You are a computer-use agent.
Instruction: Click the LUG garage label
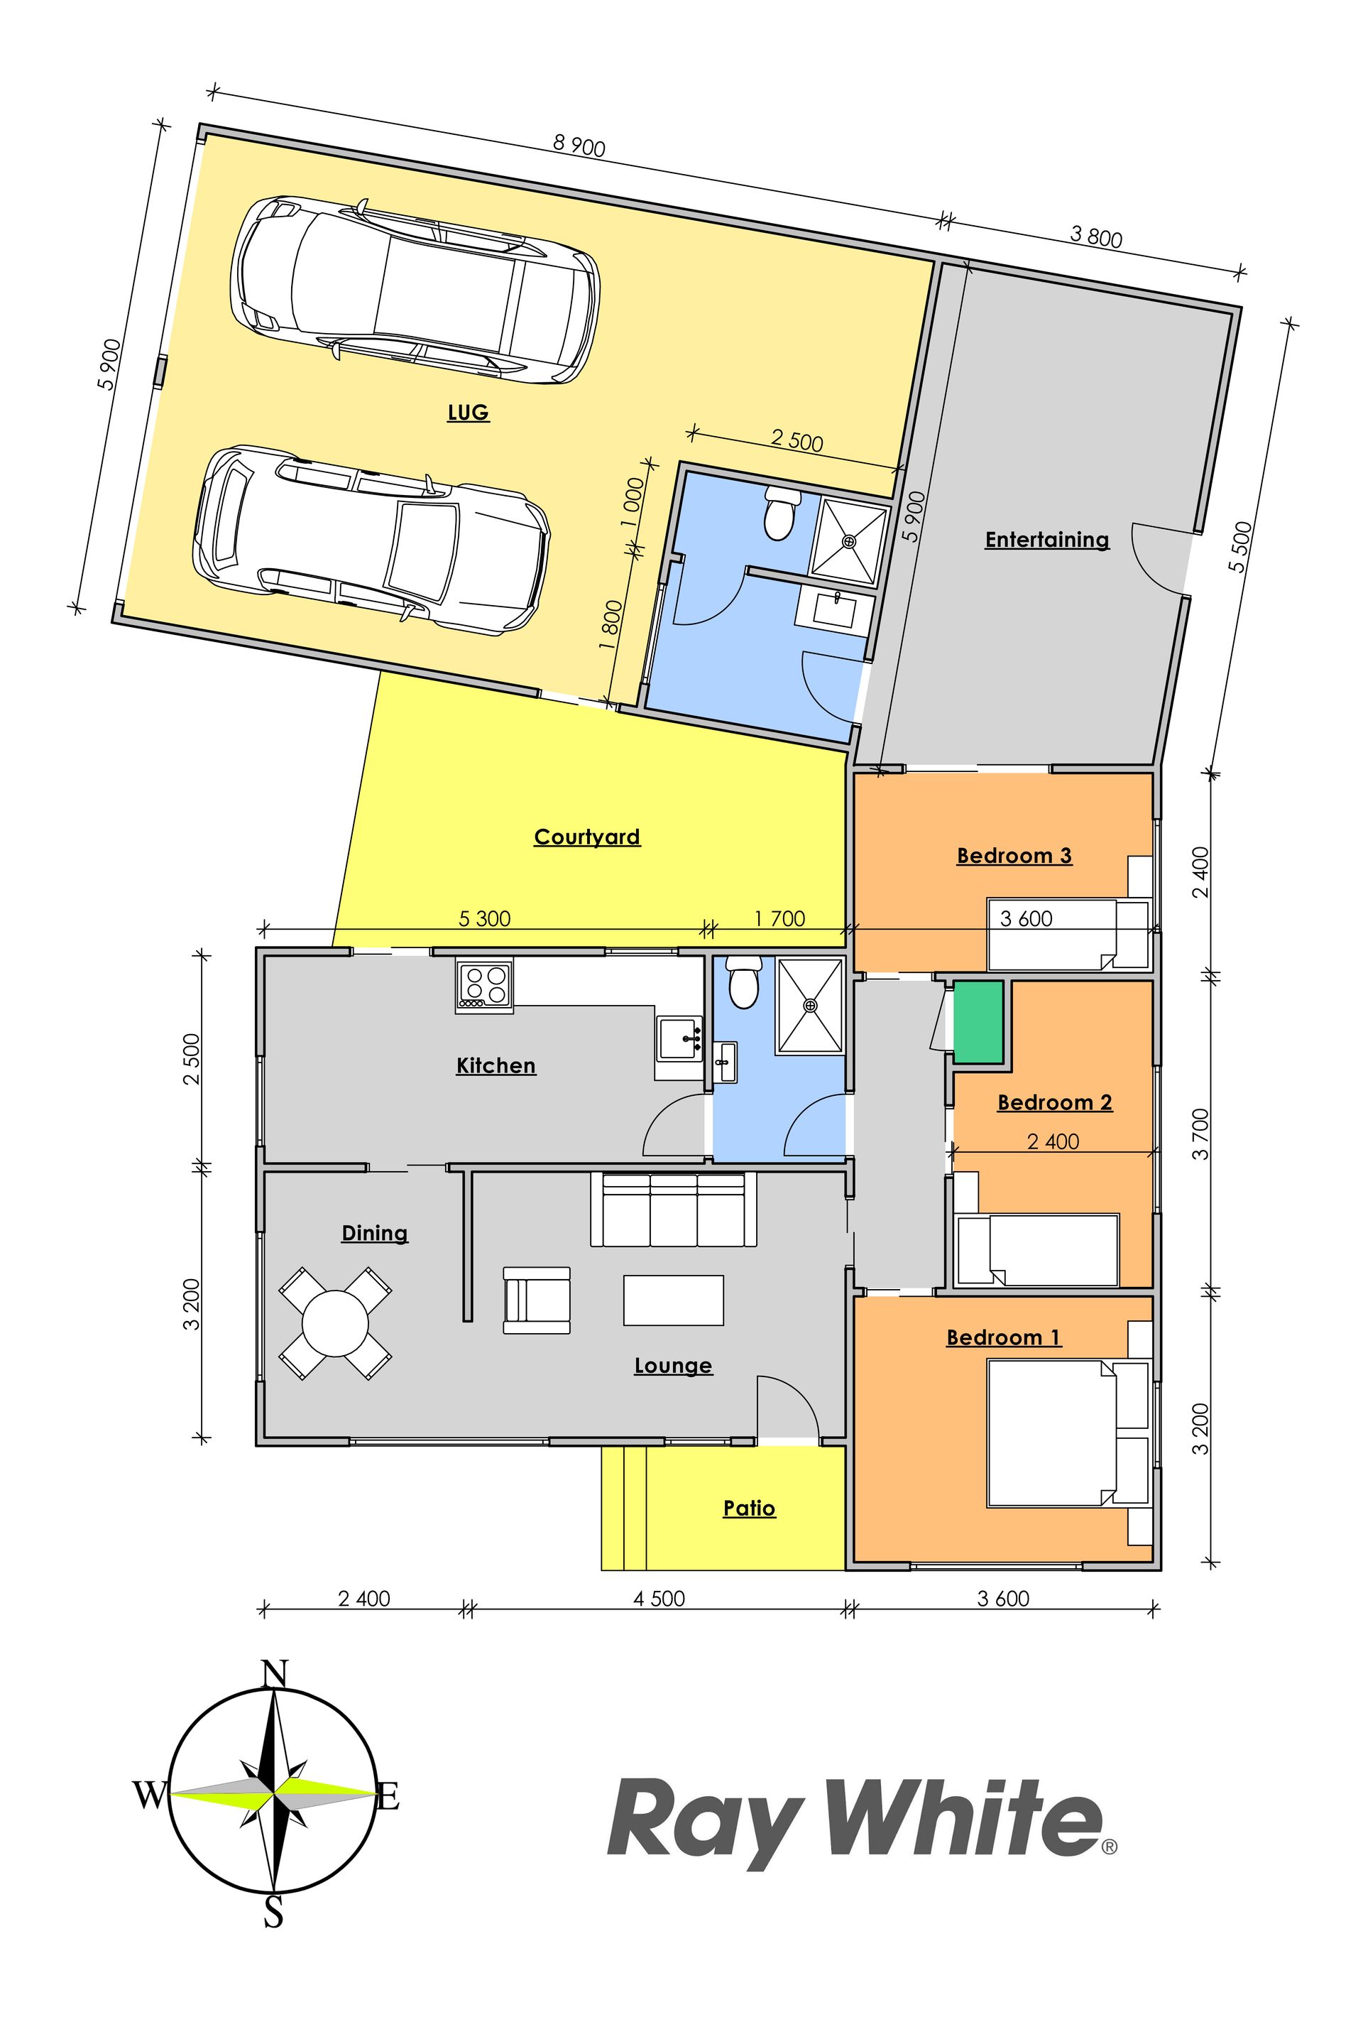(468, 412)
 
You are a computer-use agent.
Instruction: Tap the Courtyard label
(587, 837)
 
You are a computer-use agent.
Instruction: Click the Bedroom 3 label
(1014, 856)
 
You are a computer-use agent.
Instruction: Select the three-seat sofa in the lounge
(673, 1210)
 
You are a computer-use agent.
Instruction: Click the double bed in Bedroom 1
(1052, 1433)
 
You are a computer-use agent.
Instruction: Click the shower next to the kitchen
(810, 1006)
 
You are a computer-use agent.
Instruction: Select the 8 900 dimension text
(579, 146)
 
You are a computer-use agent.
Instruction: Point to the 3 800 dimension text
(1096, 237)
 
